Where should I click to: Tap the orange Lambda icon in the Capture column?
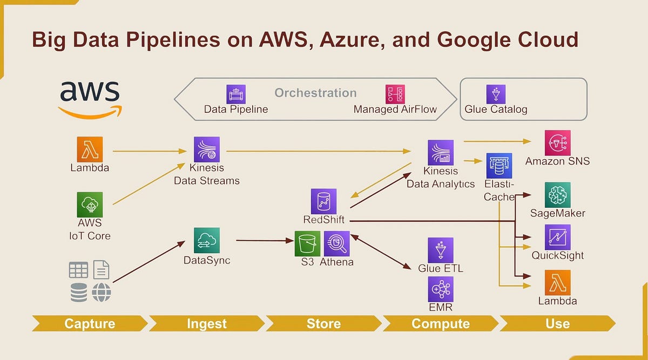[x=90, y=149]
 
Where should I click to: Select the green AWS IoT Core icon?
[x=90, y=205]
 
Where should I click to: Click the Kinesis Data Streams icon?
[x=207, y=149]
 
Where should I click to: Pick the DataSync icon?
[x=207, y=240]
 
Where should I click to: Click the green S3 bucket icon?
[x=307, y=243]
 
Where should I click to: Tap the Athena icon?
[x=336, y=243]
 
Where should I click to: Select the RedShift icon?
[x=323, y=201]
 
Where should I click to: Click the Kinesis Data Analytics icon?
[x=440, y=153]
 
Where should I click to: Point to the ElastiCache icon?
[x=499, y=166]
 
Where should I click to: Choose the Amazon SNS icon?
[x=557, y=142]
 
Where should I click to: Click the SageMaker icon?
[x=557, y=195]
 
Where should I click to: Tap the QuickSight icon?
[x=557, y=237]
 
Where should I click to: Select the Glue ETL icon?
[x=440, y=250]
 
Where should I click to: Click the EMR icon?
[x=440, y=289]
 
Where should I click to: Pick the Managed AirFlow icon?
[x=395, y=94]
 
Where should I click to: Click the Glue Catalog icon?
[x=496, y=94]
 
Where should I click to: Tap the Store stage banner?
[x=323, y=323]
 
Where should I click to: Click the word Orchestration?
[x=315, y=93]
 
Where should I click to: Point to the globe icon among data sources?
[x=102, y=293]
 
